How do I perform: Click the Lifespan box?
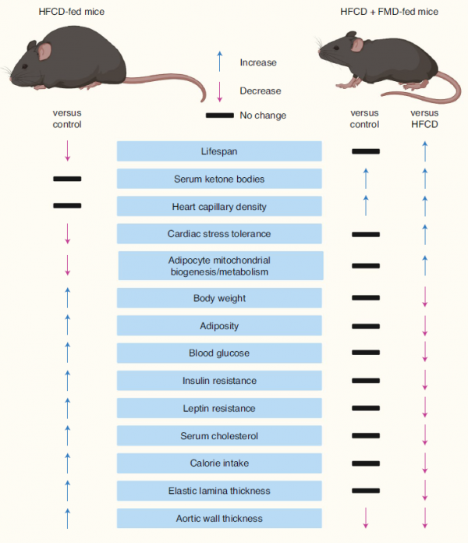point(219,151)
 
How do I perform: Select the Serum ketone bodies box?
point(219,179)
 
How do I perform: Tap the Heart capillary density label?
point(219,207)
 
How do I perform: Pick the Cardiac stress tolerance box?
point(219,234)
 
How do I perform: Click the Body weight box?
point(219,298)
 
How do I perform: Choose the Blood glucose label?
point(219,353)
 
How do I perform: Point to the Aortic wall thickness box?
point(219,518)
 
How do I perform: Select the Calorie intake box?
point(219,463)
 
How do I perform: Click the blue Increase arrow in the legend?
point(220,62)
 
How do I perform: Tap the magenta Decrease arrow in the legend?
point(220,90)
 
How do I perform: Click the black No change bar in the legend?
point(220,115)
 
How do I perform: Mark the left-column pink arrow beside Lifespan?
point(68,151)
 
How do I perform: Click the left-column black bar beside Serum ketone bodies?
point(67,179)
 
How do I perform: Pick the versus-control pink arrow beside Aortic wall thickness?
point(365,518)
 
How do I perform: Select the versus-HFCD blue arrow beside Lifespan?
point(425,151)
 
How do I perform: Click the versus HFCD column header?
point(425,119)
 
